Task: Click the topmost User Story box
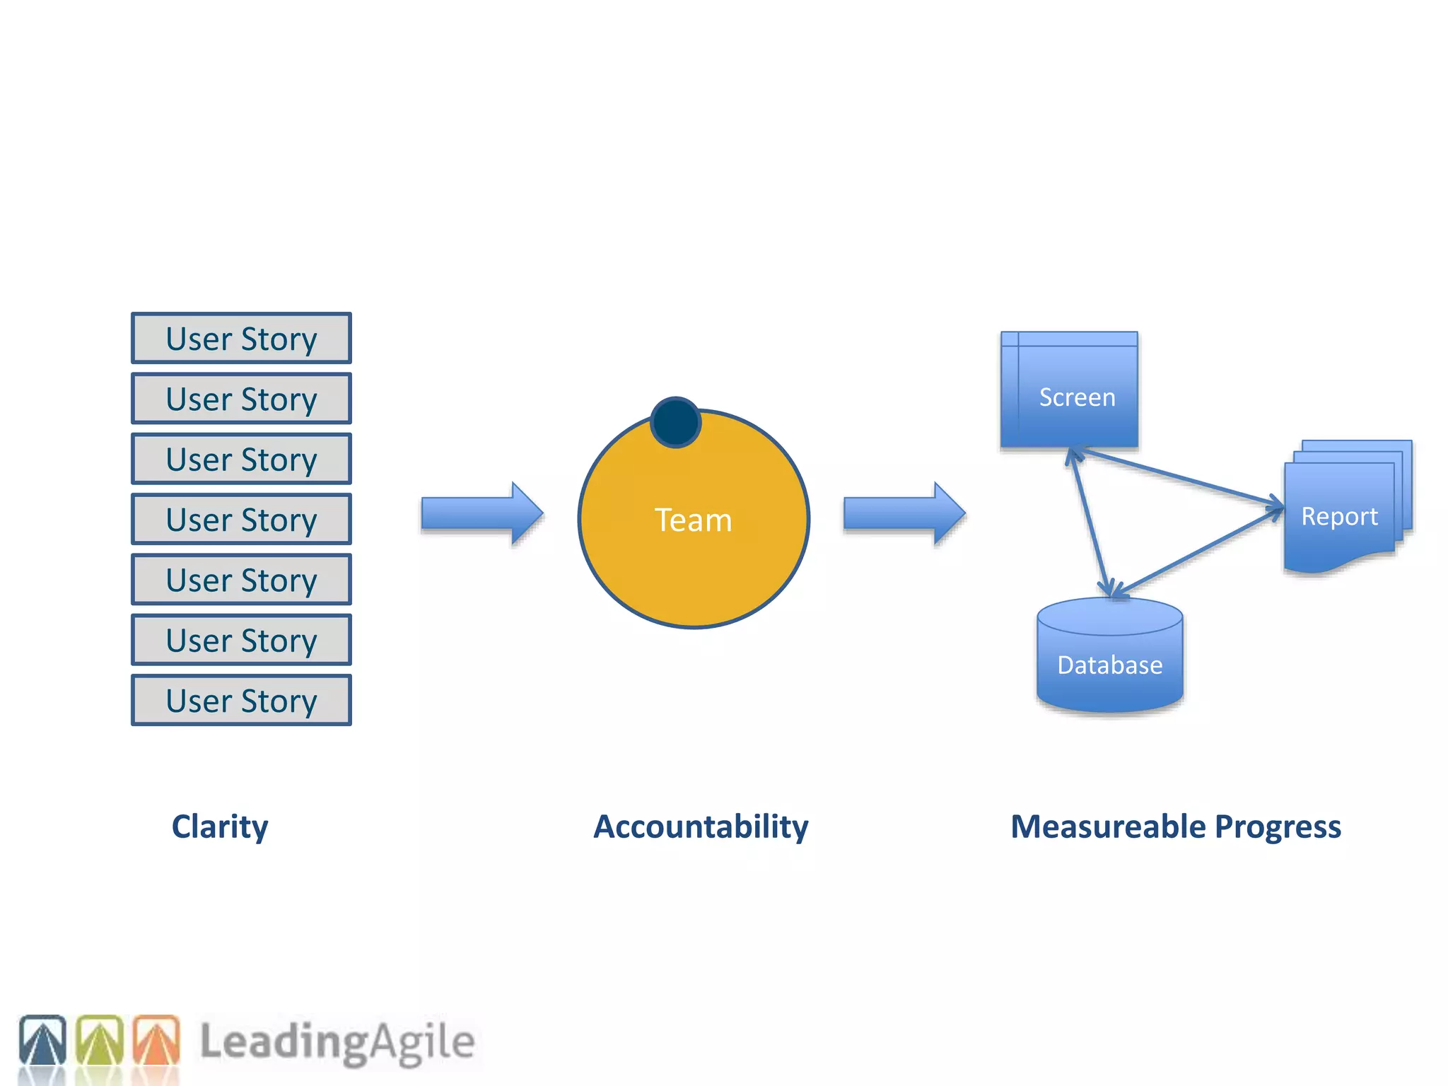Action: pos(241,339)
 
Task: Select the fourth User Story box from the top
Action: pos(241,520)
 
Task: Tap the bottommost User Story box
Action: pos(241,701)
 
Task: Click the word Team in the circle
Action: pos(693,520)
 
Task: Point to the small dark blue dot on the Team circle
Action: pos(675,422)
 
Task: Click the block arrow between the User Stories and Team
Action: pos(481,513)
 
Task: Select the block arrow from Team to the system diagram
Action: pos(904,513)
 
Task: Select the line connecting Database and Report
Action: pos(1198,551)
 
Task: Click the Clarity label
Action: pos(220,827)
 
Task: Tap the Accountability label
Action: pos(701,827)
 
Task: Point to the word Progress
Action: pos(1278,827)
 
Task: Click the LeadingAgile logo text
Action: pos(337,1042)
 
